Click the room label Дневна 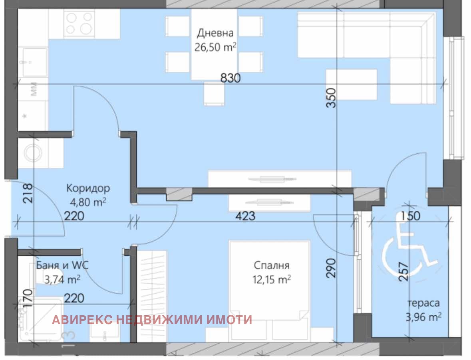[x=215, y=33]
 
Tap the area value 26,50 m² [x=215, y=47]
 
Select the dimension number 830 [x=231, y=78]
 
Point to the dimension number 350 [x=331, y=98]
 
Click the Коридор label [x=88, y=188]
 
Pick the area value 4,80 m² [x=88, y=202]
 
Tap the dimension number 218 [x=28, y=194]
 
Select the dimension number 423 [x=245, y=216]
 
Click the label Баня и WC [x=62, y=265]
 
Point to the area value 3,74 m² [x=62, y=280]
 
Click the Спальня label [x=272, y=265]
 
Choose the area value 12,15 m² [x=272, y=280]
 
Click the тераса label [x=423, y=303]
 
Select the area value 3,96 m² [x=423, y=317]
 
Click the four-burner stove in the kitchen [x=79, y=24]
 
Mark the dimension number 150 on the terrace [x=410, y=216]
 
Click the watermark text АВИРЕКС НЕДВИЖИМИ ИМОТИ [x=152, y=320]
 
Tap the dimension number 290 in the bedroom [x=331, y=268]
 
